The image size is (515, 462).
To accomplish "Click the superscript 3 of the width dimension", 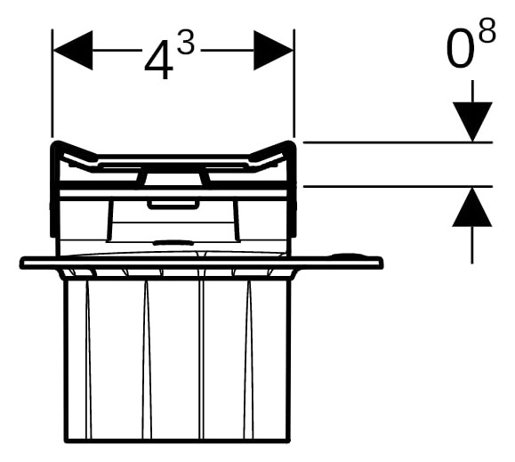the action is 186,42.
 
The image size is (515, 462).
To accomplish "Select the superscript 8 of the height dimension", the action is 487,30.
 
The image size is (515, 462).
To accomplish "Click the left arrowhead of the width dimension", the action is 73,50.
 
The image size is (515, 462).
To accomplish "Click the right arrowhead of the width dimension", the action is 273,50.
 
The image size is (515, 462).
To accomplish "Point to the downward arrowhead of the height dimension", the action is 472,122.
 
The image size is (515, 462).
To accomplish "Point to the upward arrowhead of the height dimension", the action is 472,207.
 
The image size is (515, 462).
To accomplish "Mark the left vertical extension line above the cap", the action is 52,84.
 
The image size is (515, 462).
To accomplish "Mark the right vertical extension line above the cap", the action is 294,84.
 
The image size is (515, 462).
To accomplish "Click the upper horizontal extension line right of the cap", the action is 398,142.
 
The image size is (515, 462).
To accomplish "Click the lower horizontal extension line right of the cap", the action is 398,186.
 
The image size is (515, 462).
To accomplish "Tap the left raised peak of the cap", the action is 58,142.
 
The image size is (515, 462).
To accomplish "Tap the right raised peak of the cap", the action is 289,142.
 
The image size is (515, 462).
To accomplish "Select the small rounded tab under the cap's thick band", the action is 173,205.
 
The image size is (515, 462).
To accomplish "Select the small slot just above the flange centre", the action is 173,243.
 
